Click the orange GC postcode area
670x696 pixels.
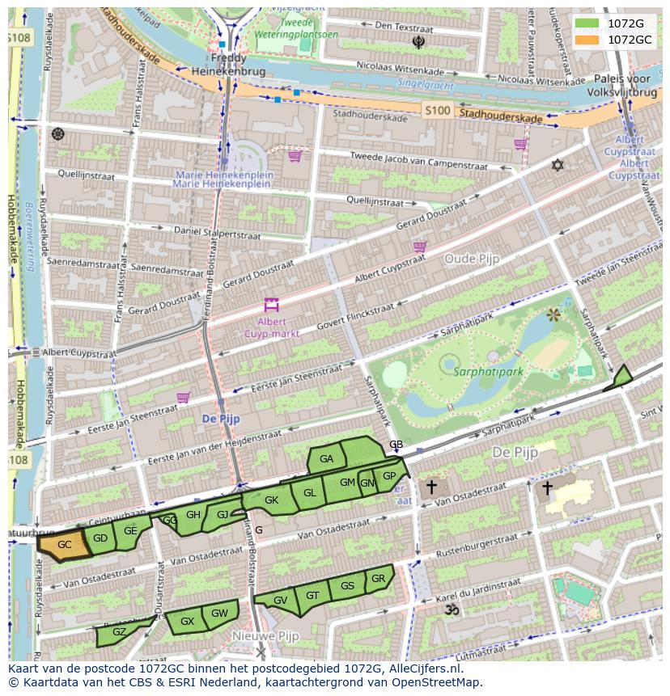pos(63,545)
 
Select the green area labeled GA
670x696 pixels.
pos(327,459)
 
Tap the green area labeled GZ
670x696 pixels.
pos(118,632)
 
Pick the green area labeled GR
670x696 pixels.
pos(379,579)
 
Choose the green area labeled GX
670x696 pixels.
pos(186,622)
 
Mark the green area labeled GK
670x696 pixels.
pos(271,500)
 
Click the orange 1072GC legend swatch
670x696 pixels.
pos(587,40)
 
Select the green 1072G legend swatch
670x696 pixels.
pos(587,23)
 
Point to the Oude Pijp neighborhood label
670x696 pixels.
pos(472,259)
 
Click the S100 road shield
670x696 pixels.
pos(437,111)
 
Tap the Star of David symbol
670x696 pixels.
pos(557,165)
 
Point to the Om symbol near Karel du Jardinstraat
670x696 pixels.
pos(452,610)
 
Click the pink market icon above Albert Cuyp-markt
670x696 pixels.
pos(271,306)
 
